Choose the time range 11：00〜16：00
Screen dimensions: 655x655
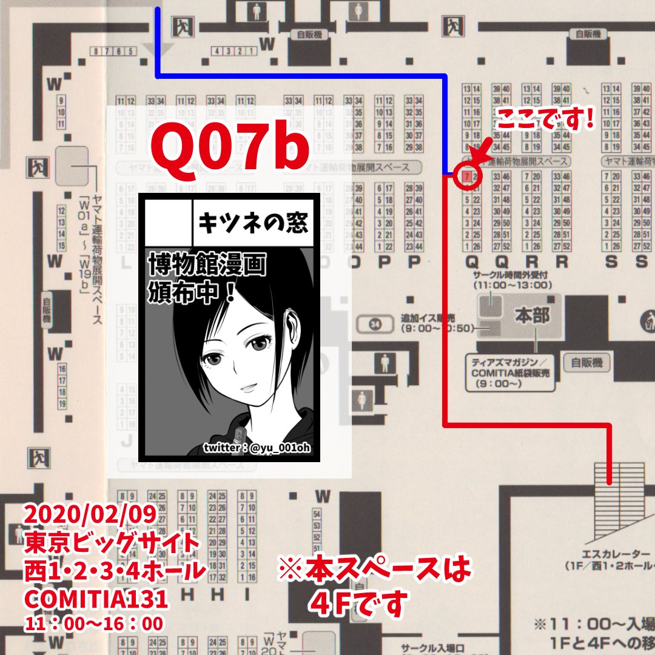tap(93, 623)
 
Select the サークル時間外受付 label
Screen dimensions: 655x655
tap(512, 275)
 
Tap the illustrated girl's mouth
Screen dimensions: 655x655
tap(244, 386)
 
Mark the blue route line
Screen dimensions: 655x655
tap(303, 76)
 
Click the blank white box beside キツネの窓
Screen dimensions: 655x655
tap(168, 223)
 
